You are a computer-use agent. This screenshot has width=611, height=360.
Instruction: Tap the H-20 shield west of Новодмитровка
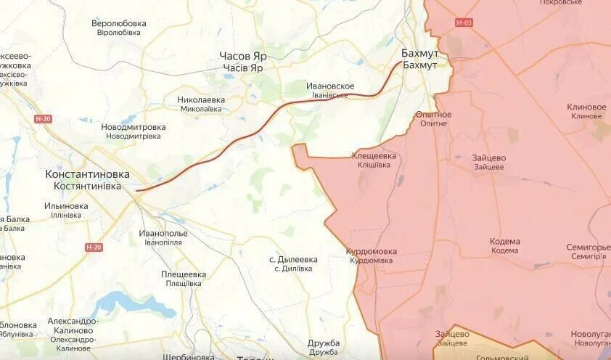point(43,118)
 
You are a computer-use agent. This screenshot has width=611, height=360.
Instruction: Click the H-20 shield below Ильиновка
point(94,247)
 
